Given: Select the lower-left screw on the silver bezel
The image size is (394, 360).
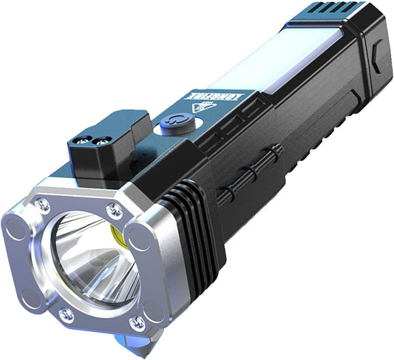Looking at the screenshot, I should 65,315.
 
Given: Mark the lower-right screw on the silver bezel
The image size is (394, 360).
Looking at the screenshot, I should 136,322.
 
